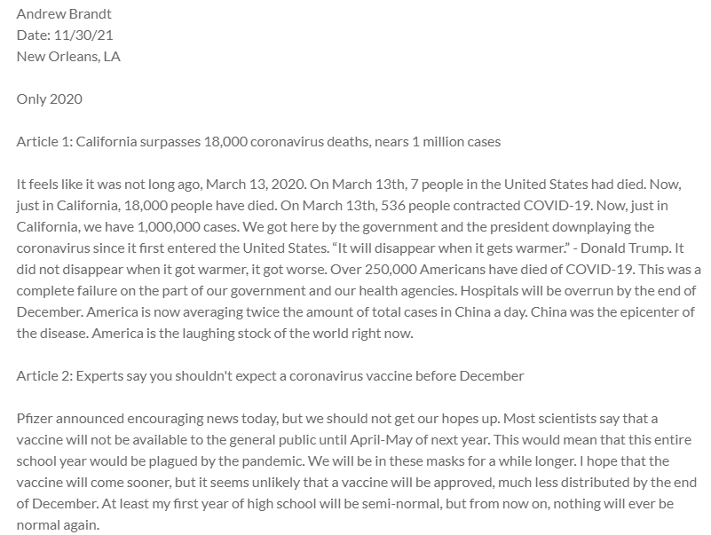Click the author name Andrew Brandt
click(64, 14)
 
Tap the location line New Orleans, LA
click(68, 57)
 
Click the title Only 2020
click(49, 98)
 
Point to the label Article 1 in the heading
click(43, 141)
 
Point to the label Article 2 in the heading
click(43, 375)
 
